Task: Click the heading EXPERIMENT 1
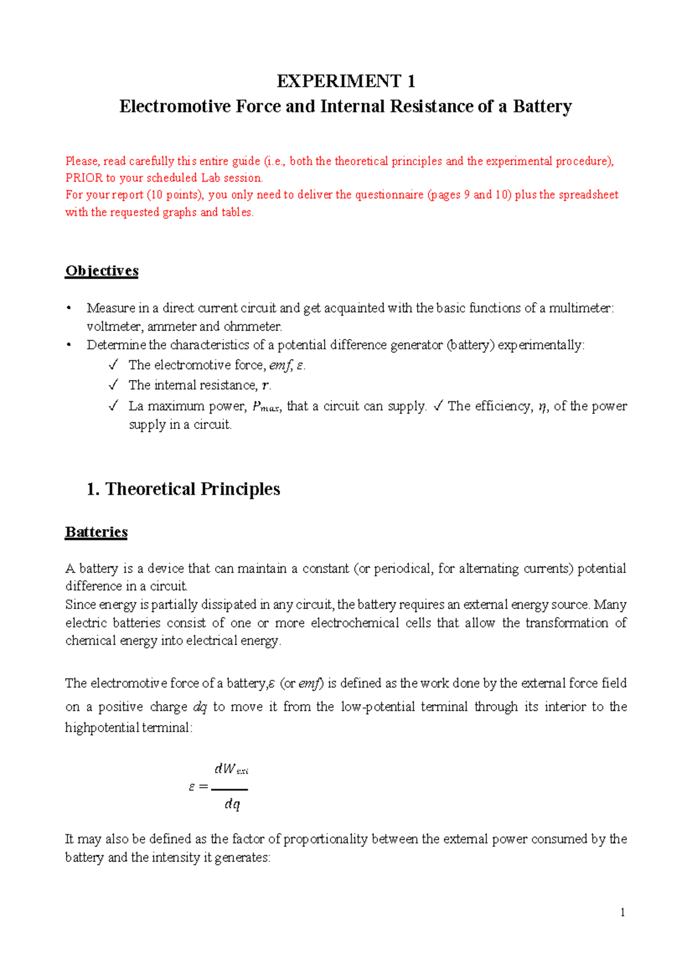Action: click(345, 81)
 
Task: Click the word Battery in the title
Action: click(542, 107)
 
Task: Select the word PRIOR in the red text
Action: click(84, 178)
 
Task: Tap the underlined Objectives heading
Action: click(101, 271)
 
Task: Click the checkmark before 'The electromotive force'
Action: click(113, 365)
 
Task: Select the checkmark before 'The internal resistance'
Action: click(113, 385)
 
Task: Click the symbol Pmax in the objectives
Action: click(265, 407)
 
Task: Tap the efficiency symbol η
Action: click(541, 407)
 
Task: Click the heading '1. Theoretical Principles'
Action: click(183, 489)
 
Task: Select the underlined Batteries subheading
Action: click(96, 532)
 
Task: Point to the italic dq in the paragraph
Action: click(199, 707)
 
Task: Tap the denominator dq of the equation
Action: click(232, 804)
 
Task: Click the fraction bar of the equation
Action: click(230, 789)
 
